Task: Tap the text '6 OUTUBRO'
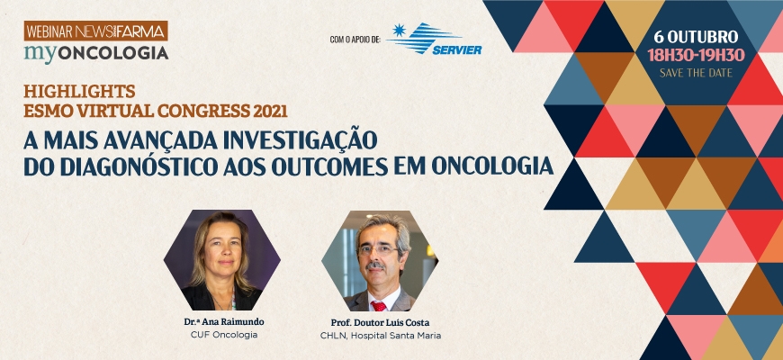[696, 37]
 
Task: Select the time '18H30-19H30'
[696, 55]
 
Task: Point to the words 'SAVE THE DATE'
[696, 73]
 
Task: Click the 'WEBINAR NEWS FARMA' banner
[96, 31]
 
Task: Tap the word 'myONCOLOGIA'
[96, 52]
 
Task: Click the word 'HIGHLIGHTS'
[79, 92]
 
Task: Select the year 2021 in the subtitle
[270, 111]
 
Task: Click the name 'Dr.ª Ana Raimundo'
[224, 322]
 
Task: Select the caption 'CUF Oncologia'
[224, 335]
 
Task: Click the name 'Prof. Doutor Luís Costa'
[380, 322]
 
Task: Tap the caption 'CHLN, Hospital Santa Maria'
[381, 336]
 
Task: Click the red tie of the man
[379, 306]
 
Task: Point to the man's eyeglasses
[378, 249]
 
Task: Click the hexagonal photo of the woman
[222, 260]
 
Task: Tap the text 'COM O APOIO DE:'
[355, 39]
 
